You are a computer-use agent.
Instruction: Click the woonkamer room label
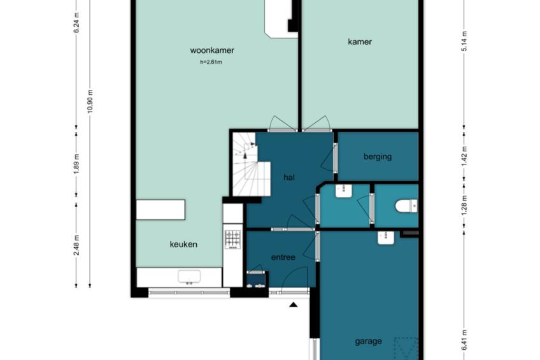tap(212, 50)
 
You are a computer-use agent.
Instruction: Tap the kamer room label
tap(360, 41)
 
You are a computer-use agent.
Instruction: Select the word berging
tap(378, 157)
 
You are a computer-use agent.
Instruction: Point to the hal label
tap(289, 177)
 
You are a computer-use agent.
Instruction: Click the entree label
tap(283, 257)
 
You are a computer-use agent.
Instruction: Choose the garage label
tap(368, 342)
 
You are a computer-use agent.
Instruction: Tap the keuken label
tap(183, 245)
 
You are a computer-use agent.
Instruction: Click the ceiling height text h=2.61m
tap(211, 62)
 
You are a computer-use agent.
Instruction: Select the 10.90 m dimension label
tap(90, 101)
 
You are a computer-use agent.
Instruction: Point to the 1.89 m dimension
tap(77, 164)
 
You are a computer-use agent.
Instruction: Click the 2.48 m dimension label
tap(77, 245)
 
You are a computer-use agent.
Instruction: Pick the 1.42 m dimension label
tap(464, 156)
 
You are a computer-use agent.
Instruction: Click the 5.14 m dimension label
tap(464, 41)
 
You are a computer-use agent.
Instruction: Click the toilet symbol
tap(406, 206)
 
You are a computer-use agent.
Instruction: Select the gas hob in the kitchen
tap(233, 240)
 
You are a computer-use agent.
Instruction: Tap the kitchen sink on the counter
tap(189, 278)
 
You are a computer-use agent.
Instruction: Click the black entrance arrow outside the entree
tap(293, 305)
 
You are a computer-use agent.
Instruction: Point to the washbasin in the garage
tap(386, 238)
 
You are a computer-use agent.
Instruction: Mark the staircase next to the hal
tap(252, 164)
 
